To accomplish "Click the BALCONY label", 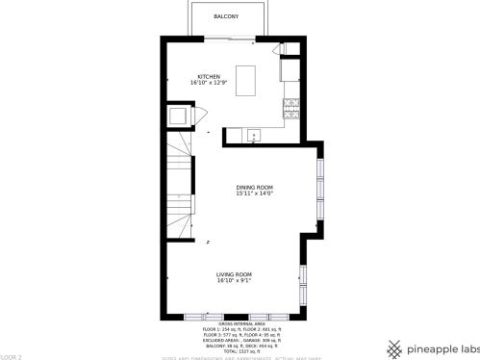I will click(226, 17).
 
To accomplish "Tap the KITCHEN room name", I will click(210, 77).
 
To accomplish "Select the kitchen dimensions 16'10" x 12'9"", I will click(210, 84).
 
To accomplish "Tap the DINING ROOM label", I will click(255, 187).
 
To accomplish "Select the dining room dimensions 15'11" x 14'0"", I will click(255, 193).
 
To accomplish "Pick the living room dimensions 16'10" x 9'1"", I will click(235, 282).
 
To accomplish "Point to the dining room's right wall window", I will click(320, 188).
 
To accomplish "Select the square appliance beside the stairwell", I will click(179, 116).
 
